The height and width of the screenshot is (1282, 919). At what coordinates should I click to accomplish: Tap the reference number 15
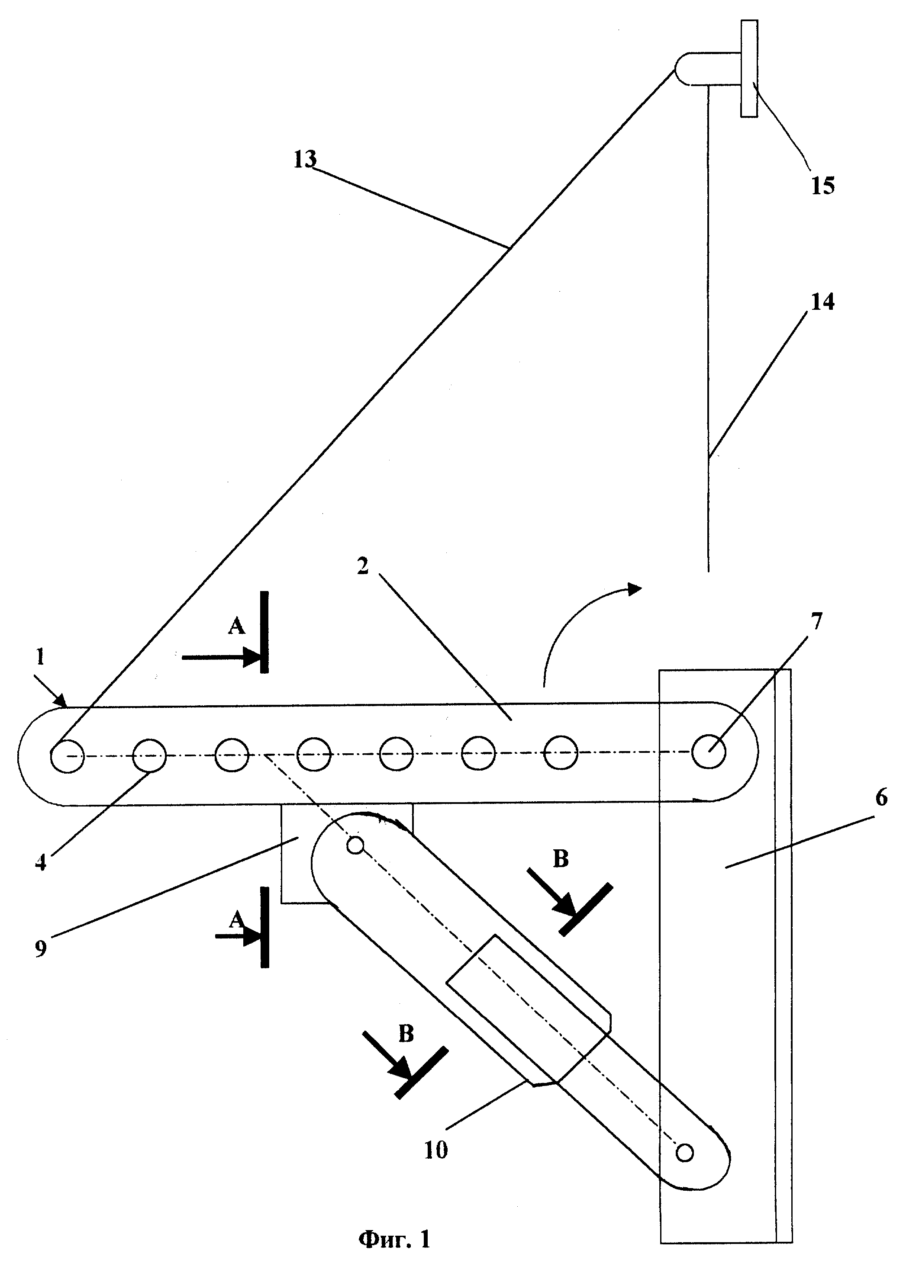click(x=823, y=186)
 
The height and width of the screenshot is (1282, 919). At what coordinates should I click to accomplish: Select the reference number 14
click(x=823, y=302)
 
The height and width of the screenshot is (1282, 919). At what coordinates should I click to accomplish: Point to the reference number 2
click(x=362, y=566)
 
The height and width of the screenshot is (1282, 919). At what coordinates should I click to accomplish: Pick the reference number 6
click(x=881, y=797)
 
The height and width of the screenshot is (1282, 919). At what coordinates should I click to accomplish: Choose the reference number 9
click(x=40, y=949)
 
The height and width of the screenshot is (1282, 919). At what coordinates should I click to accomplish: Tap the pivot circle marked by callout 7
click(x=709, y=751)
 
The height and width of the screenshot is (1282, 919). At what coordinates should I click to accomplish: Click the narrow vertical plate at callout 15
click(x=749, y=68)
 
